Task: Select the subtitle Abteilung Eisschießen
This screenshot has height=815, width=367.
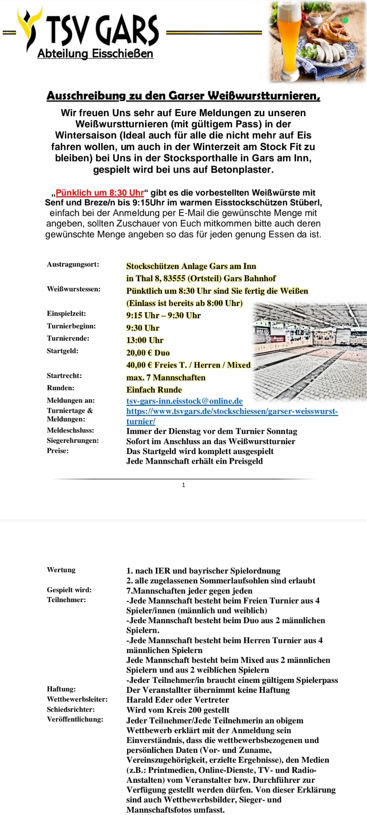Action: point(95,54)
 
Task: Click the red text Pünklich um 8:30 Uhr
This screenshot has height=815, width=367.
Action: point(100,193)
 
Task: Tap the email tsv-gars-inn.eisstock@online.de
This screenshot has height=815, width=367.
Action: point(184,401)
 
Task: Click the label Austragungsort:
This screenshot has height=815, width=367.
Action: point(73,264)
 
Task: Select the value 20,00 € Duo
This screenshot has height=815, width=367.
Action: point(148,353)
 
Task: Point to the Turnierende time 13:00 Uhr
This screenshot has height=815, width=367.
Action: point(145,340)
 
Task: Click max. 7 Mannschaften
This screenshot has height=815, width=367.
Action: point(166,377)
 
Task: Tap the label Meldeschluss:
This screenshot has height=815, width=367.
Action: point(71,430)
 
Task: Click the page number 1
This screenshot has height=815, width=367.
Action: point(183,485)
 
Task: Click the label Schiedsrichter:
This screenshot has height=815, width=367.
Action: point(71,709)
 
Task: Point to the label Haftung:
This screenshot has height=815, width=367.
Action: point(61,689)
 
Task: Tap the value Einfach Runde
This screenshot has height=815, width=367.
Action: point(154,390)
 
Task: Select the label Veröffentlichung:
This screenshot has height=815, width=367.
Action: point(75,719)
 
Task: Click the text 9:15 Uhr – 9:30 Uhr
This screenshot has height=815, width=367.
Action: point(163,316)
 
